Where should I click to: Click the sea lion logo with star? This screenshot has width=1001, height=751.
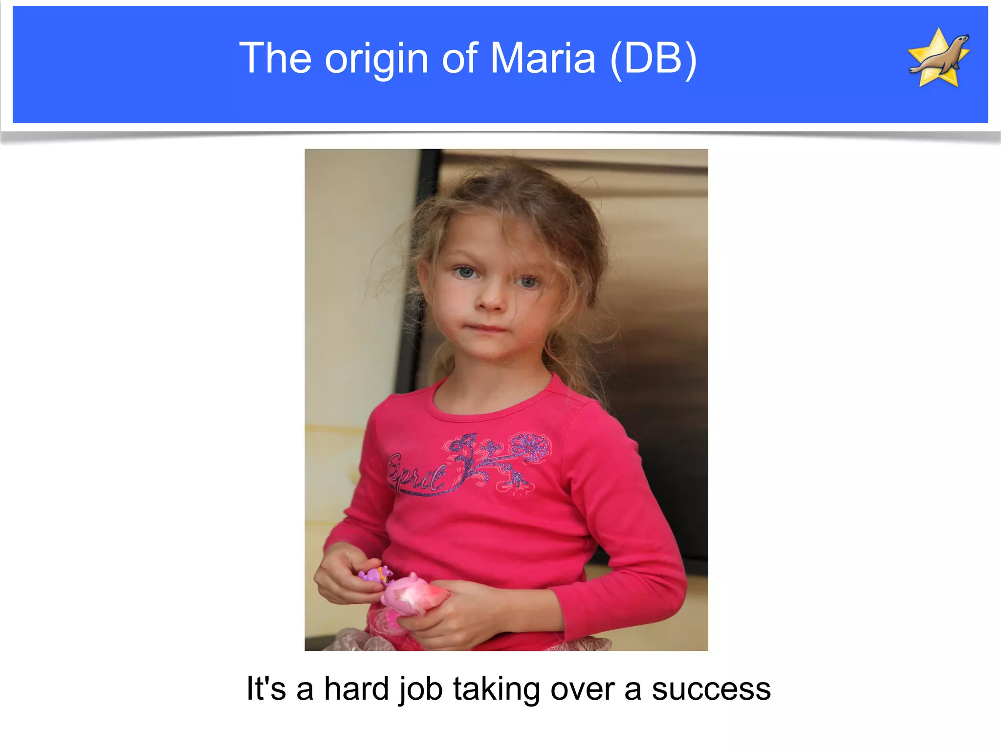938,58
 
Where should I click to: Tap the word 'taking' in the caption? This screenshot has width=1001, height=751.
496,689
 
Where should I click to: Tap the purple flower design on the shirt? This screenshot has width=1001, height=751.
530,447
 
